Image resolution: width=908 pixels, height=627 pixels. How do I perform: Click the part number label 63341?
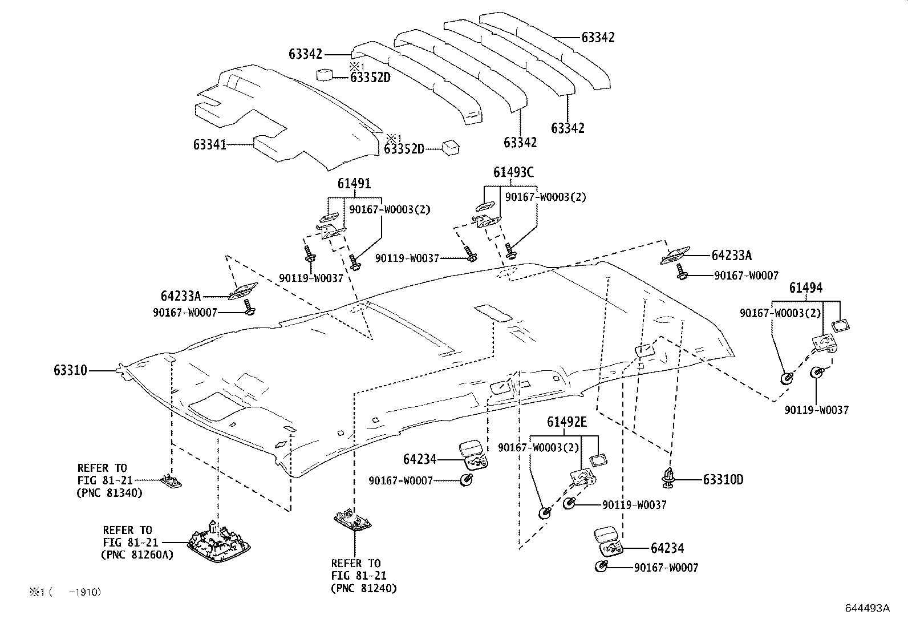click(x=209, y=145)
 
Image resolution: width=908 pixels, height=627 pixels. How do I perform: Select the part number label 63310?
click(x=71, y=370)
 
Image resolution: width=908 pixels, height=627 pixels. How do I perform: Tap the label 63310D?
click(x=723, y=479)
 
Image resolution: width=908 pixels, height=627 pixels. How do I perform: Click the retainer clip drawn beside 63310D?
click(x=668, y=478)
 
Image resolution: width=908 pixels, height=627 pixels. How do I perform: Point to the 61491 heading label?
click(x=354, y=183)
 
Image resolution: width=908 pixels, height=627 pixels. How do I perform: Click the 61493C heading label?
click(x=513, y=172)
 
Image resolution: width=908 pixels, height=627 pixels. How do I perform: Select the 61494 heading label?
click(x=805, y=288)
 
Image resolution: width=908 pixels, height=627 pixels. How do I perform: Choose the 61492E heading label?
click(x=566, y=422)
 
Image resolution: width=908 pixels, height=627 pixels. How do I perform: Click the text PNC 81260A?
click(x=137, y=554)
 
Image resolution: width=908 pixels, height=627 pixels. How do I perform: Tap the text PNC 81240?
click(x=364, y=588)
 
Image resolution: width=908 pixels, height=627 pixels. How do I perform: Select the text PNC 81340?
click(x=110, y=493)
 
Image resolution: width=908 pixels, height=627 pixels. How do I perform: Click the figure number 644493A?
click(x=867, y=608)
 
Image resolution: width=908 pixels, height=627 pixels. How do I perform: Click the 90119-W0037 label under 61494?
click(x=816, y=410)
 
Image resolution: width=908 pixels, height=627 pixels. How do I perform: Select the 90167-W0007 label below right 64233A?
click(x=746, y=276)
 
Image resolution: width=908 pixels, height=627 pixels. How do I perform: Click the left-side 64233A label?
click(x=181, y=296)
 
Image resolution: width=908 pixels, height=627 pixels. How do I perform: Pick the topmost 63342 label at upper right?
click(x=598, y=37)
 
